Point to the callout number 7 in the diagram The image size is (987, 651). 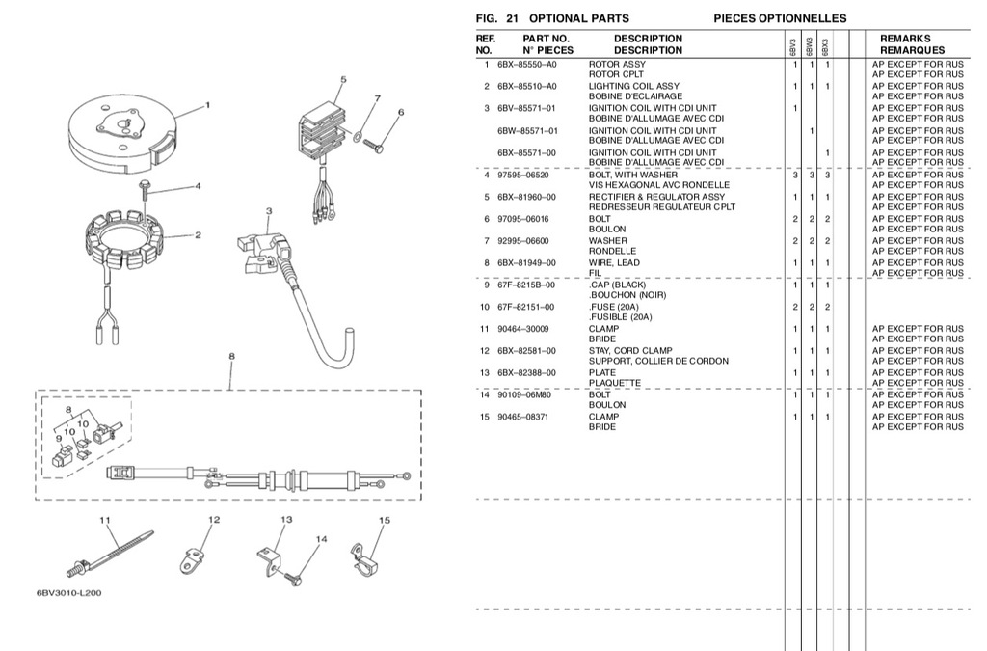(377, 98)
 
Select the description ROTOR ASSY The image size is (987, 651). (617, 64)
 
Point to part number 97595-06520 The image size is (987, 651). (522, 175)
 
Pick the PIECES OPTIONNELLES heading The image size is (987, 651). (780, 18)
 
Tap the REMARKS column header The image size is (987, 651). (904, 39)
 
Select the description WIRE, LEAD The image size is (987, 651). (614, 262)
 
